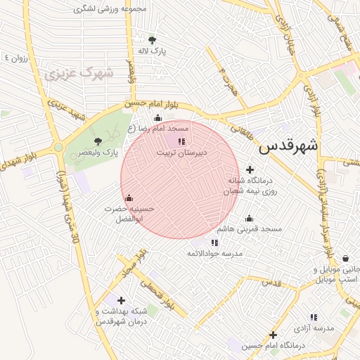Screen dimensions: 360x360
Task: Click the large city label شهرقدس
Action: click(x=288, y=146)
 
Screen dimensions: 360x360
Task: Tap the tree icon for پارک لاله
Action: click(x=153, y=40)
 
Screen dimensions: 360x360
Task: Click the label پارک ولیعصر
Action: click(x=97, y=152)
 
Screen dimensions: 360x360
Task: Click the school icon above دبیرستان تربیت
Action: click(x=172, y=141)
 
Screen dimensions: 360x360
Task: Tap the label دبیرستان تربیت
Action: click(x=173, y=152)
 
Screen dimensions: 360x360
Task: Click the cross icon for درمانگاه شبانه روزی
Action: click(x=250, y=169)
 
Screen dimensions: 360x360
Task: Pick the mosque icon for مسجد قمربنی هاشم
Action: click(x=249, y=218)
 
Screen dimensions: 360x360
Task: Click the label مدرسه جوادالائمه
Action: click(x=214, y=252)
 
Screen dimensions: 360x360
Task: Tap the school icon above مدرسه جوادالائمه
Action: click(x=214, y=243)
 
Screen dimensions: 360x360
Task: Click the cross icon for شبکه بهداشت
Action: click(x=122, y=300)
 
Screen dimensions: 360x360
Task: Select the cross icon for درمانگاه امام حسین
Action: click(x=273, y=335)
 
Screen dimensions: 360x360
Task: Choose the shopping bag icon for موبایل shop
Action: click(x=345, y=259)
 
